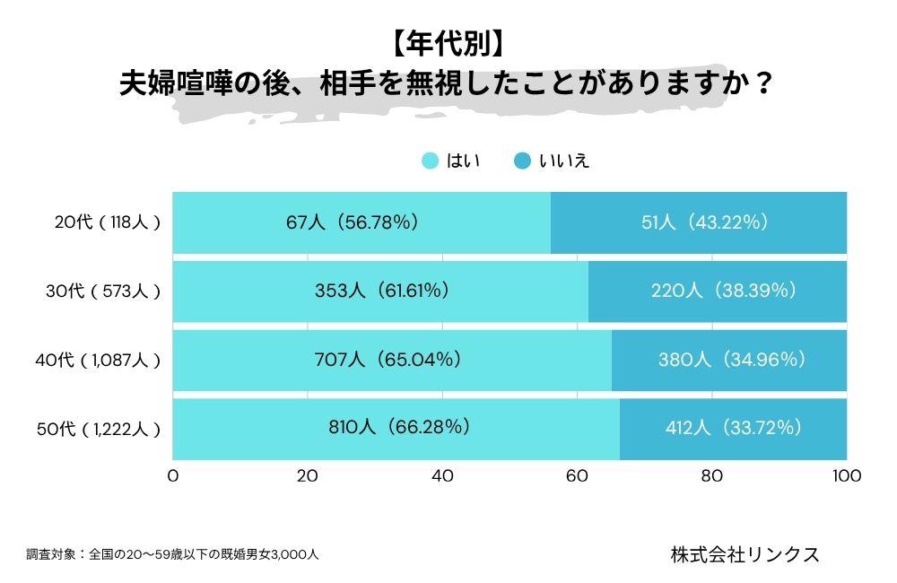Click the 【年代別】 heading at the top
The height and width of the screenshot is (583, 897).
[448, 43]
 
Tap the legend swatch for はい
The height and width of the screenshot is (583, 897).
[431, 161]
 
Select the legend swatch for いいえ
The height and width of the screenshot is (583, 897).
[522, 161]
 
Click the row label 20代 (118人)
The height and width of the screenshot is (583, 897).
[107, 222]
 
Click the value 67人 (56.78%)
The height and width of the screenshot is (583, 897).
[361, 222]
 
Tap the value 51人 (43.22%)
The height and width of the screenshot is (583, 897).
[699, 222]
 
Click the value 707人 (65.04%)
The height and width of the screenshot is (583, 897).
[392, 360]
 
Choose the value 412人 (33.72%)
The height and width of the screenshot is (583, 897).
[734, 428]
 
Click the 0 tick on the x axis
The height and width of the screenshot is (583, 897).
[172, 476]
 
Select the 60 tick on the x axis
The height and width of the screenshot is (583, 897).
[577, 476]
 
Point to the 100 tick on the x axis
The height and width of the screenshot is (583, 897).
[846, 476]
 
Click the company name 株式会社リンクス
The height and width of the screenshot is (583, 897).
[745, 554]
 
